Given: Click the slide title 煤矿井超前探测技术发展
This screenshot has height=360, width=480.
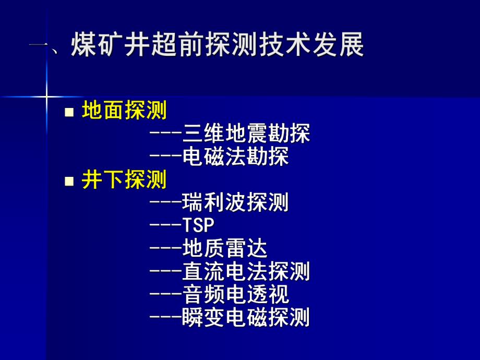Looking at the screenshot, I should tap(217, 46).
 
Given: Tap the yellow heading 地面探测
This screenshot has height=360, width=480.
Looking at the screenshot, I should tap(124, 111).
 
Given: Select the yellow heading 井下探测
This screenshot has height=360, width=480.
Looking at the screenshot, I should tap(124, 180).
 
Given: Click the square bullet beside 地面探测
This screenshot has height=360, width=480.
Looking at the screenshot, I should tap(69, 111).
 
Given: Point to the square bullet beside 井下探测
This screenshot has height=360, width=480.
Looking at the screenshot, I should tap(69, 181).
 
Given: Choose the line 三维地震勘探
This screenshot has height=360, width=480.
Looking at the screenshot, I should tap(246, 134).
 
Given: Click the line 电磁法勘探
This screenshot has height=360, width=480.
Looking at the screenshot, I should tap(235, 157).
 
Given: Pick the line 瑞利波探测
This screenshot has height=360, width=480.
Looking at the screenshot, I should tap(235, 202).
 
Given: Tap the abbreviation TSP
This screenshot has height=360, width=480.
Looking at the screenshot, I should tap(199, 225).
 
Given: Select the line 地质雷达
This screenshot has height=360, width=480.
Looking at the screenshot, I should tap(225, 248).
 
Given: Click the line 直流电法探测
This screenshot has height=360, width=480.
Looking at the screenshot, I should tap(246, 271).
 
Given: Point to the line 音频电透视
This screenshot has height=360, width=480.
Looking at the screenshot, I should tap(235, 294).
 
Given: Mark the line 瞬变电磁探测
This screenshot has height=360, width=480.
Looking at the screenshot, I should tap(246, 317).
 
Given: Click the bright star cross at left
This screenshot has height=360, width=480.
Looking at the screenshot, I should tap(46, 97).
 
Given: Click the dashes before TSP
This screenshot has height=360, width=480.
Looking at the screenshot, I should tap(165, 225).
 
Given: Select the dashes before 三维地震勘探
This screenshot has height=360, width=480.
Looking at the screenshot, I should tap(165, 134).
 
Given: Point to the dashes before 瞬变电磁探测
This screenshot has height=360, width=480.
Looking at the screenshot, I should tap(165, 317).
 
